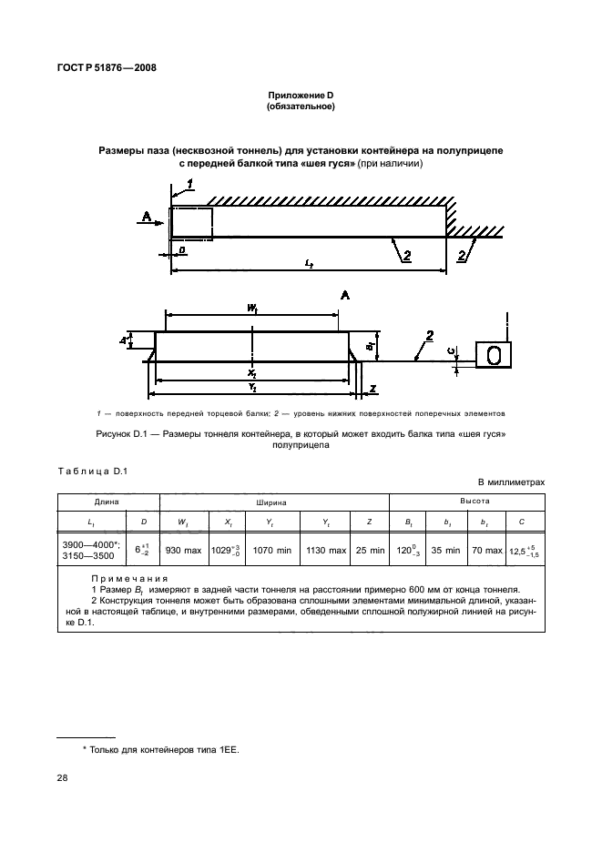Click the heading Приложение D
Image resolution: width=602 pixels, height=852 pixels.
301,96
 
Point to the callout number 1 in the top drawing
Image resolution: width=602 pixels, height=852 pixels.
189,184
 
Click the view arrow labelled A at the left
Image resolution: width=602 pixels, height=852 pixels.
146,217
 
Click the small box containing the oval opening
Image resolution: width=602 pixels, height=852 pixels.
495,355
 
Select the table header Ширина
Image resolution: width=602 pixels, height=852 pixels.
274,502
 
